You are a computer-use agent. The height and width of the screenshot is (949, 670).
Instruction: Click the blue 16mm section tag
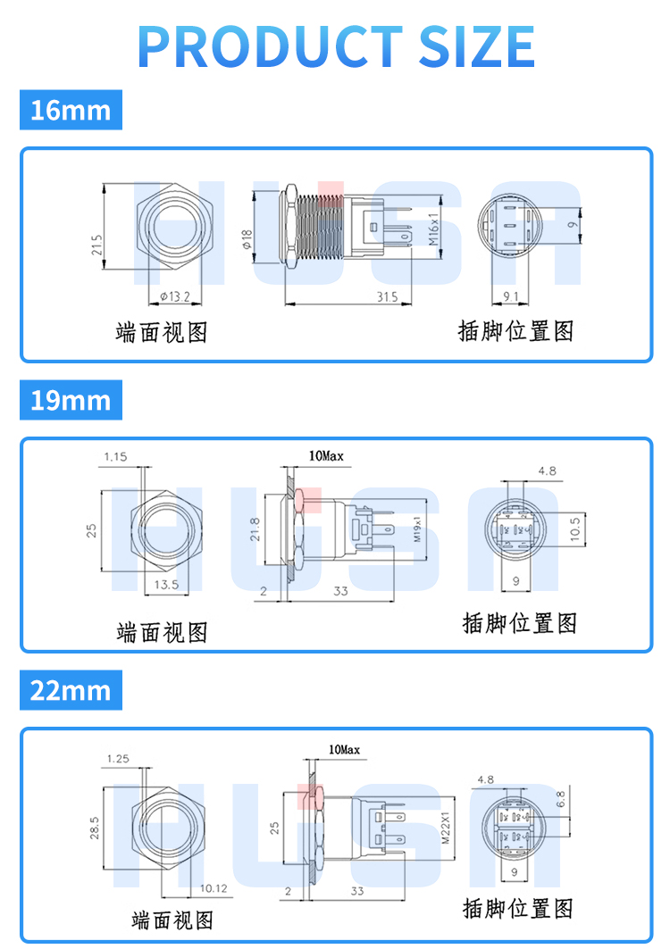71,110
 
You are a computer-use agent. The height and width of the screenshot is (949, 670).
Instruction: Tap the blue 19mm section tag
71,400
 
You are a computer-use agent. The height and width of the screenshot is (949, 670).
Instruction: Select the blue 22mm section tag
71,690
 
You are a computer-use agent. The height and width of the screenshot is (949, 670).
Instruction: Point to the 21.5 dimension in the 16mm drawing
96,245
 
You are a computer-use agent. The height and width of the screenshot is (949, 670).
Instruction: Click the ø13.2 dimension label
175,296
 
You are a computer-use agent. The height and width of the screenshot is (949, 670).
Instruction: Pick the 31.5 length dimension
387,296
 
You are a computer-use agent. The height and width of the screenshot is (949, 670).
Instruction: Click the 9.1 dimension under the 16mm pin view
510,296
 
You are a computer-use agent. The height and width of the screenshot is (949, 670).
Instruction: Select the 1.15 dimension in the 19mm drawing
115,457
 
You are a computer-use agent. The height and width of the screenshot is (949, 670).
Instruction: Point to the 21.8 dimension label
255,529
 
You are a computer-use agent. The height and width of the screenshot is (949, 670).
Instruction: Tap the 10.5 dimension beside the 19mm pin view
575,529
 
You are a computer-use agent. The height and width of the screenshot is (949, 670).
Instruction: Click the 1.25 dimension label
117,759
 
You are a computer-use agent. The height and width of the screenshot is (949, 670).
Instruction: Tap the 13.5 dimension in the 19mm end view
167,585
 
